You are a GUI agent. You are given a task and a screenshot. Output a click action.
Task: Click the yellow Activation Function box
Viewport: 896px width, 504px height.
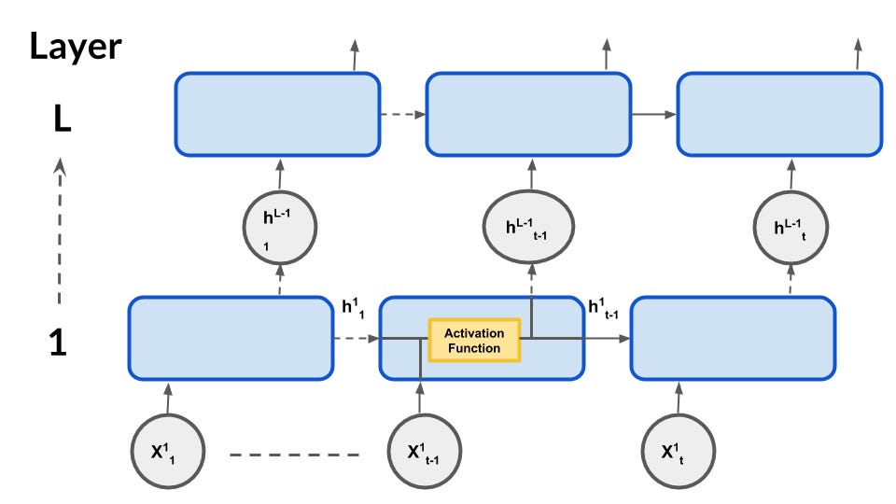click(473, 340)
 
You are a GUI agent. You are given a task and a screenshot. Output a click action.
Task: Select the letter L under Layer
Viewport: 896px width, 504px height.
click(62, 120)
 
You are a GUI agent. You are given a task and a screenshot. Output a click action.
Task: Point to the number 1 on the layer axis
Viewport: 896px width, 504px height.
click(58, 343)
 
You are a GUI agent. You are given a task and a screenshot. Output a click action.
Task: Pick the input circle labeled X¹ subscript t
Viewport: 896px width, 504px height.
click(679, 452)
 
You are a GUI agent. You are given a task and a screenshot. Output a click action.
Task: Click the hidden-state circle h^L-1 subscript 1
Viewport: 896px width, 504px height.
click(279, 229)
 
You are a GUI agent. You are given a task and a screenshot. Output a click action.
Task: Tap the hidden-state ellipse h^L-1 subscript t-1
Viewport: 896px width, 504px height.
click(528, 228)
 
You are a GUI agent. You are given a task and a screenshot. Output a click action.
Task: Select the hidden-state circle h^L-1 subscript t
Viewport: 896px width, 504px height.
click(791, 228)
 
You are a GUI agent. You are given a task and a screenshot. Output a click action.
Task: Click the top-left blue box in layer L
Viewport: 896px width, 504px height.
click(277, 114)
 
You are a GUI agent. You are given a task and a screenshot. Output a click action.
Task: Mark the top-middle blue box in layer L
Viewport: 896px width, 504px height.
click(528, 114)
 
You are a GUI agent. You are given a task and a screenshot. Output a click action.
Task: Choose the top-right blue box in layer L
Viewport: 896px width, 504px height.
click(779, 114)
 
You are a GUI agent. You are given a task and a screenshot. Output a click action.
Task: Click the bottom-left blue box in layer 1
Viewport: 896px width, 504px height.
click(231, 338)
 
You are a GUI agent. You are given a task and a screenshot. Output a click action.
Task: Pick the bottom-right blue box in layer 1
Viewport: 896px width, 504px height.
click(733, 338)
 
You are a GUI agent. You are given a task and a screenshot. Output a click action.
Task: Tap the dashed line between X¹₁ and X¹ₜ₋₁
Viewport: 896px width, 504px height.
click(294, 455)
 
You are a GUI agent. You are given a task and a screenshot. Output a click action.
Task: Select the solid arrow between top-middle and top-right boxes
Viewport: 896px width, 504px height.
click(653, 115)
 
